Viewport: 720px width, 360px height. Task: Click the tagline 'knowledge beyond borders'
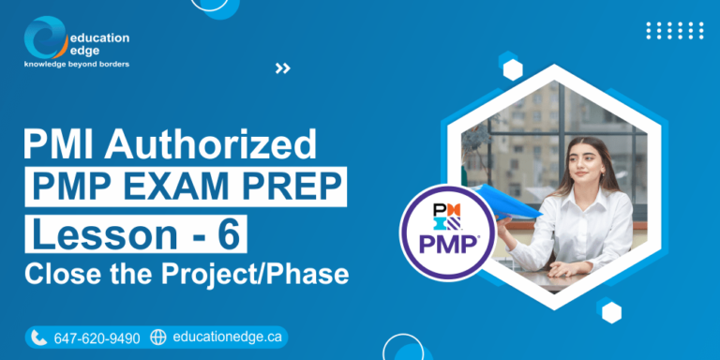tap(77, 65)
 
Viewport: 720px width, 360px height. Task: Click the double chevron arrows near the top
tap(282, 67)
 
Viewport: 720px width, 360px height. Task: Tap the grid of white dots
tap(674, 30)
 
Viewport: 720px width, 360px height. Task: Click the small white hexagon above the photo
tap(512, 68)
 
